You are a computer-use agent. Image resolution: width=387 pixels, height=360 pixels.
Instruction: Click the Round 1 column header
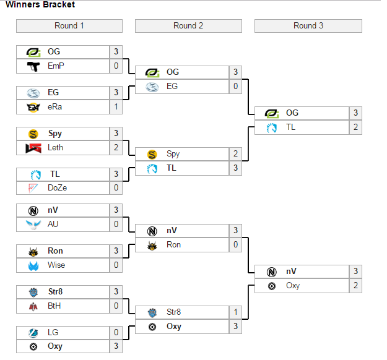(x=69, y=26)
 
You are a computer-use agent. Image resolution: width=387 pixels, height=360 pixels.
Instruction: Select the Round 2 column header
(x=188, y=26)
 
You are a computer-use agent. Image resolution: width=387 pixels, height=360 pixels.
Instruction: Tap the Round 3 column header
(x=308, y=26)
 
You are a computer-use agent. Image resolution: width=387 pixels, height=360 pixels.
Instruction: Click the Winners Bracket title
(x=40, y=5)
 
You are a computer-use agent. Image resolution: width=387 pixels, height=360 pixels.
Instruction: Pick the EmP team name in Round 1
(x=56, y=66)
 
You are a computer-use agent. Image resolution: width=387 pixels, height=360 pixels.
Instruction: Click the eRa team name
(x=55, y=106)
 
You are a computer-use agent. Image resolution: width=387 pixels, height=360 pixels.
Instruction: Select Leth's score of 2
(x=116, y=147)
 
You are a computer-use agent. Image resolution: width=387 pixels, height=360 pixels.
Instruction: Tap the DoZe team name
(x=57, y=188)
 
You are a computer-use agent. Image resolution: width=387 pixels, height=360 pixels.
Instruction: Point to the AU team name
(x=53, y=224)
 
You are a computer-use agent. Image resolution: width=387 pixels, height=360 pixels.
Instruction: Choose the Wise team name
(x=56, y=265)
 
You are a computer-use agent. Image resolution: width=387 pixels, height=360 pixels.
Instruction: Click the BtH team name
(x=54, y=306)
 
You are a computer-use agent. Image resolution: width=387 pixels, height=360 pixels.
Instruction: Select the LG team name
(x=53, y=332)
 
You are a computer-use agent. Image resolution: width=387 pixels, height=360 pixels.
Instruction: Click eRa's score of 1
(x=116, y=106)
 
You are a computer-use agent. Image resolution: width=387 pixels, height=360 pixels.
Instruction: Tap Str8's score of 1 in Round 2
(x=235, y=312)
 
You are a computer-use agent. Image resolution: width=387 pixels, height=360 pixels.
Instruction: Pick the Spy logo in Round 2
(x=152, y=154)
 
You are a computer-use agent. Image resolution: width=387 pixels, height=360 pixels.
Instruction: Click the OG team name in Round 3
(x=292, y=113)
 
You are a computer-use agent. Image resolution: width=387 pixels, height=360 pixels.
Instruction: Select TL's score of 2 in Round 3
(x=355, y=127)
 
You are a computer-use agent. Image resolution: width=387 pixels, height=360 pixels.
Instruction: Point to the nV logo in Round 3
(x=271, y=272)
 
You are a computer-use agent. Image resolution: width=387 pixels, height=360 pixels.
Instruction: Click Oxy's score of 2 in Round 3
(x=355, y=285)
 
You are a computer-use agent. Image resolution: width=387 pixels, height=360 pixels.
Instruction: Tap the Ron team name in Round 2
(x=174, y=244)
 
